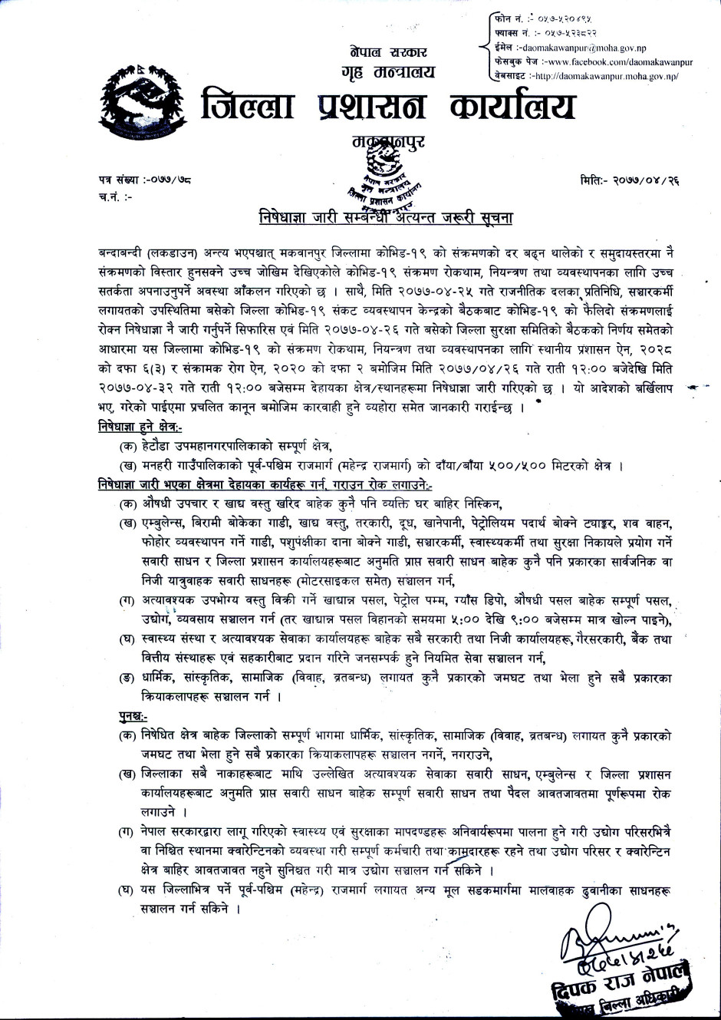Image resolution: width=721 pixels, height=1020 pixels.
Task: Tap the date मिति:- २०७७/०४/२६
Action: click(631, 180)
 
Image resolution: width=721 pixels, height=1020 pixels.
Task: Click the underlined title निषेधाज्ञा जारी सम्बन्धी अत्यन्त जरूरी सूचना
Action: click(385, 218)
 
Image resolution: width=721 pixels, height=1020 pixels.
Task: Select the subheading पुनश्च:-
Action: click(112, 716)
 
